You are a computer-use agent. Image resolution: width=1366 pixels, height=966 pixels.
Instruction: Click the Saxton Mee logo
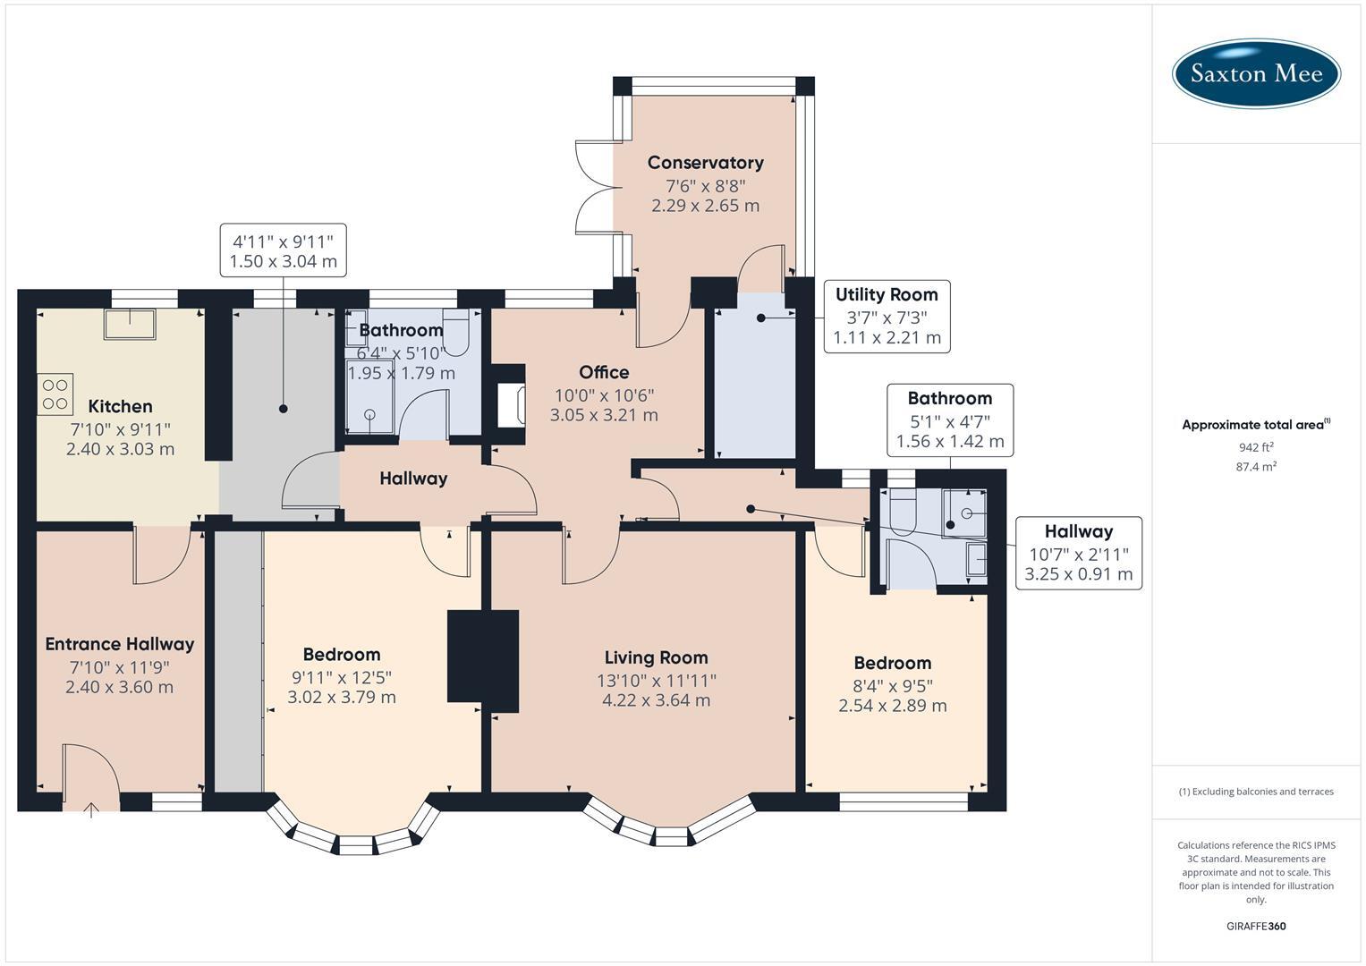[1256, 73]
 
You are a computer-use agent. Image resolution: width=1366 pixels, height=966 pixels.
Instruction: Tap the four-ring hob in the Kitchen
[55, 394]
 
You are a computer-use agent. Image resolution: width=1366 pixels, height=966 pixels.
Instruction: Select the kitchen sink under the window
[130, 323]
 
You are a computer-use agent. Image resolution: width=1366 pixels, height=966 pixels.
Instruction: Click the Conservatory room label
[705, 162]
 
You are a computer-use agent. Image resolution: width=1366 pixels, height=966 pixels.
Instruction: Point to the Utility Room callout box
[887, 316]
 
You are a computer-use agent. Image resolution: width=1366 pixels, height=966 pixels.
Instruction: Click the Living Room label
[656, 657]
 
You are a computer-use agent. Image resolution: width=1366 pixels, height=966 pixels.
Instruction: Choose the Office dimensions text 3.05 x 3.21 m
[604, 415]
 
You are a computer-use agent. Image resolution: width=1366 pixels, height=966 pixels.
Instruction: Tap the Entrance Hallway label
[119, 644]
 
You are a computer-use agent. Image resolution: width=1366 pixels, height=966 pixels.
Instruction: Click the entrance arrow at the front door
[91, 810]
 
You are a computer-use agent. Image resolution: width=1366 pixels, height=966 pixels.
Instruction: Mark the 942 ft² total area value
[1256, 447]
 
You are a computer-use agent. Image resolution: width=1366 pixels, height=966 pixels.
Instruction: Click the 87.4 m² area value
[1256, 466]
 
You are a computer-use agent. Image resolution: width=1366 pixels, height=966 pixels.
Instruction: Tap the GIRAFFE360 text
[1256, 926]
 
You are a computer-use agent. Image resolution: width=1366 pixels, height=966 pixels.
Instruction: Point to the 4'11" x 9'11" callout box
[283, 250]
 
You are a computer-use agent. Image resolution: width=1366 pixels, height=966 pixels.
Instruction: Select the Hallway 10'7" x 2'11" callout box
[1078, 553]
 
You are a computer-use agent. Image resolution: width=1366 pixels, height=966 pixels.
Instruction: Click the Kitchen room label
[120, 407]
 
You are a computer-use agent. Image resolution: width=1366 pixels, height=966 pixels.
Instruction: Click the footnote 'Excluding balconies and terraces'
[1256, 792]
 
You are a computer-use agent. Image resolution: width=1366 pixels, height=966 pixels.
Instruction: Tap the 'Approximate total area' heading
[1255, 425]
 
